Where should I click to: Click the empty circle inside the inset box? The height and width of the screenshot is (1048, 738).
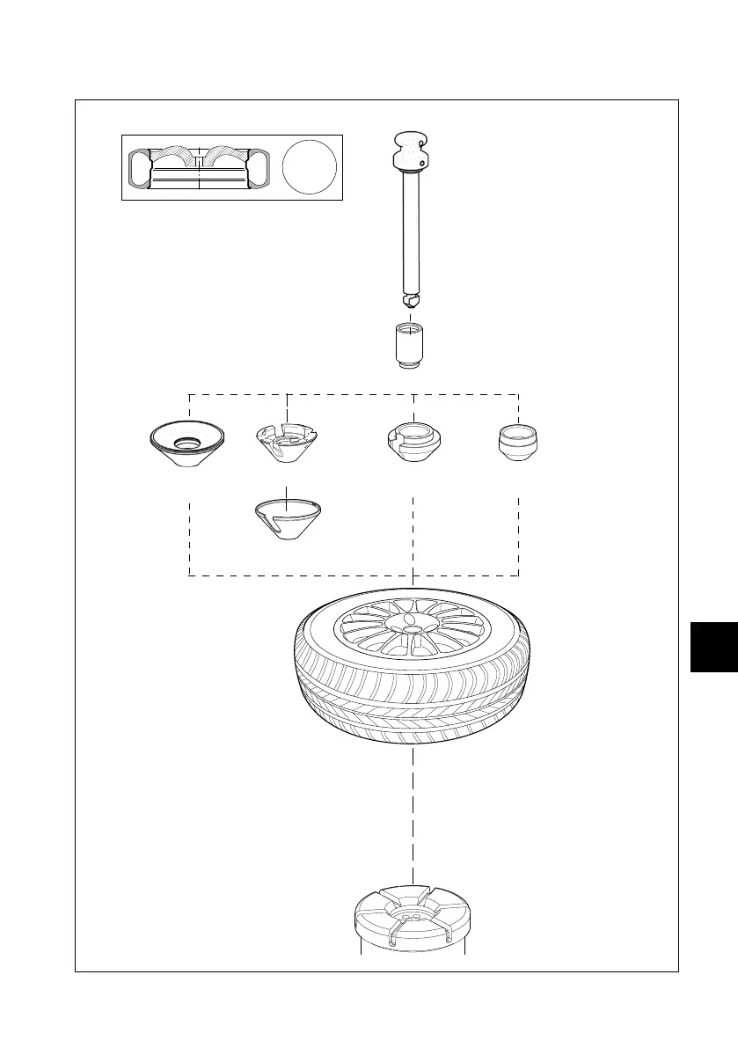click(311, 167)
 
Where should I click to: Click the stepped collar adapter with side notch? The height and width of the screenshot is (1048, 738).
click(413, 443)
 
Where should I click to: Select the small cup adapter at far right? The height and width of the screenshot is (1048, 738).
click(518, 442)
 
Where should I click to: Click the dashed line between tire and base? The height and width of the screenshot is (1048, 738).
click(413, 818)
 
